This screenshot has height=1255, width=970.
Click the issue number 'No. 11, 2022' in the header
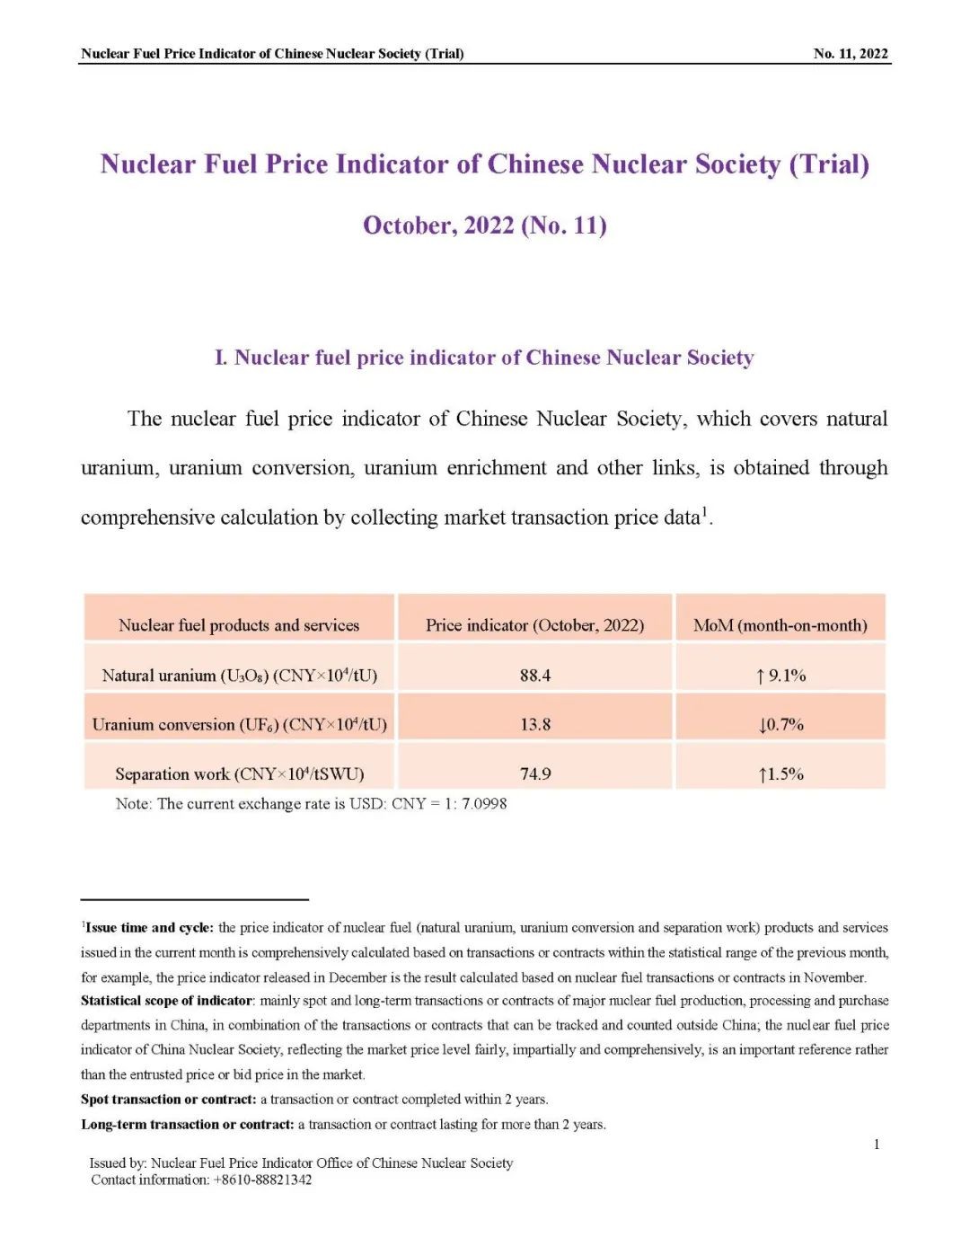850,53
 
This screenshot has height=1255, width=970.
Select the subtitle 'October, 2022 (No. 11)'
484,225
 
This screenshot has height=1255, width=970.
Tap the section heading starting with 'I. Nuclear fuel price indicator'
484,358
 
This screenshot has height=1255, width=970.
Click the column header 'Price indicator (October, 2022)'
534,625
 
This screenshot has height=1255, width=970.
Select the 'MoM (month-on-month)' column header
780,625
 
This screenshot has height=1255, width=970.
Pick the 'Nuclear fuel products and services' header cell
239,625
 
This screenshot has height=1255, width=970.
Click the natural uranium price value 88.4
534,675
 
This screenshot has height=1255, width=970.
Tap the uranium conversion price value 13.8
534,724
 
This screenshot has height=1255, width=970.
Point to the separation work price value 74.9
534,773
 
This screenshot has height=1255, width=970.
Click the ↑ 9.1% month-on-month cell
780,675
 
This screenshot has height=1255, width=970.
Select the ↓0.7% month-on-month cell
780,724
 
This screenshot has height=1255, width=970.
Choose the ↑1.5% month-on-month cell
780,773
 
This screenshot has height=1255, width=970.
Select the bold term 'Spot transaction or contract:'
168,1099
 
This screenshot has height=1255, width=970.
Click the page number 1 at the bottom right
877,1144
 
